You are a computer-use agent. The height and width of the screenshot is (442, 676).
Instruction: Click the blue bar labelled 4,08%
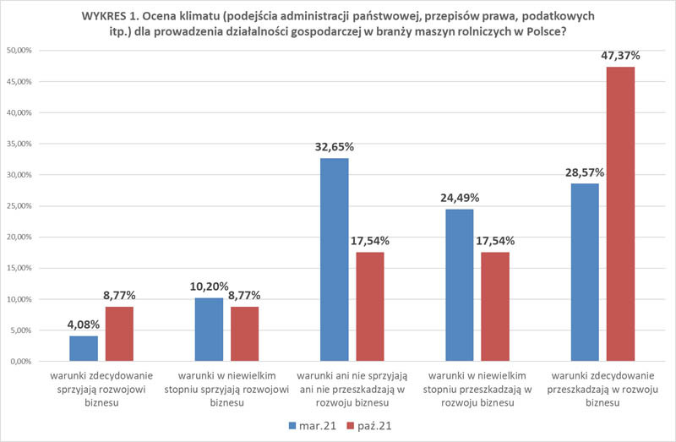click(84, 348)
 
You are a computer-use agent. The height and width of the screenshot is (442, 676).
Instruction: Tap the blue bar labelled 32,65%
click(334, 259)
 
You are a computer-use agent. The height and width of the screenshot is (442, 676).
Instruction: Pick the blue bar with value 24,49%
click(459, 285)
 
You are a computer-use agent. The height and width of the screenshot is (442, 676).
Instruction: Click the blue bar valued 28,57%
click(585, 272)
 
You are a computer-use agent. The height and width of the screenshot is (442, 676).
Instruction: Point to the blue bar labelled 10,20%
click(209, 330)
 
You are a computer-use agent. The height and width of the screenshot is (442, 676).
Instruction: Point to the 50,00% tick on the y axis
click(19, 51)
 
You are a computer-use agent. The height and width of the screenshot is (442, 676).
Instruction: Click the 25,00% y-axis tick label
click(19, 206)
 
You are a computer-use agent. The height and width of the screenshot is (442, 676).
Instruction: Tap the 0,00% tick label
click(21, 362)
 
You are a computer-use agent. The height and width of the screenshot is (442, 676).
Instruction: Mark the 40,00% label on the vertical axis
click(19, 112)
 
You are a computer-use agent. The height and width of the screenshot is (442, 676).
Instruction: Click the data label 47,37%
click(620, 56)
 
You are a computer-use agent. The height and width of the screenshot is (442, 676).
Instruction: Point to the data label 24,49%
click(459, 198)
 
